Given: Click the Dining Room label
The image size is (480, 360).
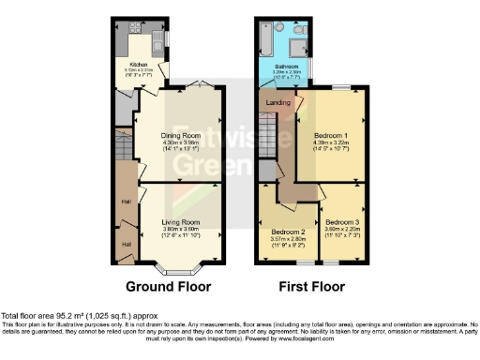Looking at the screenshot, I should click(177, 134).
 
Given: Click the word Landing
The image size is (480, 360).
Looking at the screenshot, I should click(278, 102).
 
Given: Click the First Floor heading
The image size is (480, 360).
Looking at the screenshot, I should click(306, 287).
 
